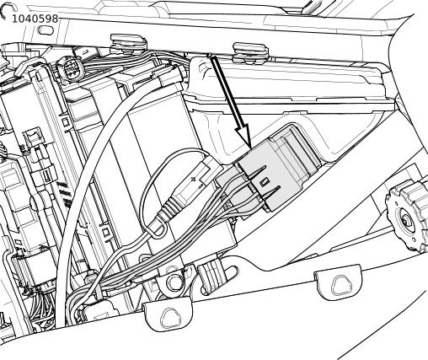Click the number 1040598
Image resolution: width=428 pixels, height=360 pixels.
pos(35,19)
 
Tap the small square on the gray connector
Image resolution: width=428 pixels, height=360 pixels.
pos(264,183)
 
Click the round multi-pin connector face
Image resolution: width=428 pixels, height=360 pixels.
pos(71,69)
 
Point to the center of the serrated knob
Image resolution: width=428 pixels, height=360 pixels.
pos(407,220)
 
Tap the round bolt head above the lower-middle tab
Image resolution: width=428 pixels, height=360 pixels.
pos(174,282)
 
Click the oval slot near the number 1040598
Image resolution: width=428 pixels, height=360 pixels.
pos(45,30)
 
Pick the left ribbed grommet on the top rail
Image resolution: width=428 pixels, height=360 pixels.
pos(129,44)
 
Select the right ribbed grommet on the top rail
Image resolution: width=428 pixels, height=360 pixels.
pos(251,52)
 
